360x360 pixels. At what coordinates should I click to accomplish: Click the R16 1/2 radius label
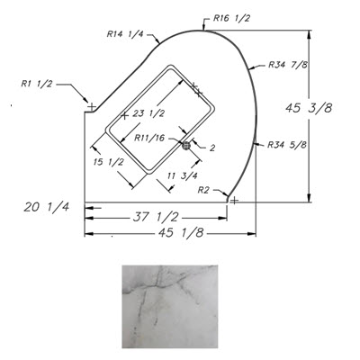click(231, 18)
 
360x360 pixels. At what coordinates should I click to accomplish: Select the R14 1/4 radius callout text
click(125, 34)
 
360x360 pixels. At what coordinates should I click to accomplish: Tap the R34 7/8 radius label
click(288, 65)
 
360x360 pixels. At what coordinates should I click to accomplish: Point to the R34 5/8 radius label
click(287, 145)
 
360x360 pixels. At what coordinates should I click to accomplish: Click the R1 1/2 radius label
click(36, 84)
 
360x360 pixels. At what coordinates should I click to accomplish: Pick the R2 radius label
click(203, 190)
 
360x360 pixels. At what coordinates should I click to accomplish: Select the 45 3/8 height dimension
click(309, 108)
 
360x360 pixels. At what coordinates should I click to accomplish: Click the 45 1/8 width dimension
click(181, 233)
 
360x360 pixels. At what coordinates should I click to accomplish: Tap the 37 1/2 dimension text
click(156, 217)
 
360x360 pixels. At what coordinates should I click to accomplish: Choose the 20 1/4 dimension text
click(47, 207)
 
